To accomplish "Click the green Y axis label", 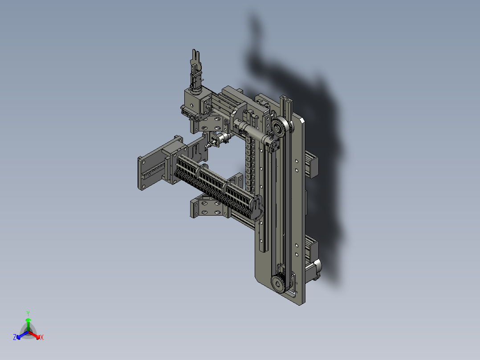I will coord(28,313).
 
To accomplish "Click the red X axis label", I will coord(41,338).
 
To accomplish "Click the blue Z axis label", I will coord(15,338).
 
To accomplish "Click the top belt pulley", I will coord(280,128).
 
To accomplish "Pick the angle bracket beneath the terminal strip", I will coord(207,208).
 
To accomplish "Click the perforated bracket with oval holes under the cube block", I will coord(214,121).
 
